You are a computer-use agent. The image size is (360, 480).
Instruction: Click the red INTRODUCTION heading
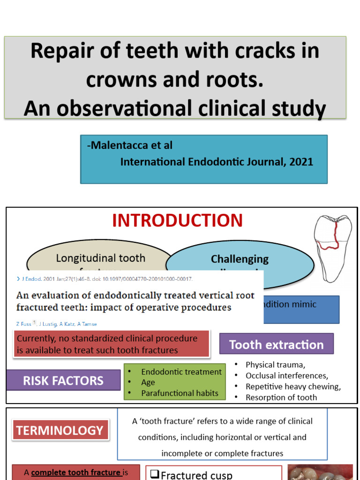pos(177,220)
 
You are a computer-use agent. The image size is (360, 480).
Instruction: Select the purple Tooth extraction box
pos(276,345)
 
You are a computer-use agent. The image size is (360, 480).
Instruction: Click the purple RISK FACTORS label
pos(63,380)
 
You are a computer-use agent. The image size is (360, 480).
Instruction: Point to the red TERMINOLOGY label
pos(60,430)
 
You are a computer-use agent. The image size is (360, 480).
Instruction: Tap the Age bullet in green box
pos(148,382)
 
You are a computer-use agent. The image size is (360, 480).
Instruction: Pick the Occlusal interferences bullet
pos(286,375)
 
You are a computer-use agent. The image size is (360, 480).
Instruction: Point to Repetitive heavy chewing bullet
pos(293,386)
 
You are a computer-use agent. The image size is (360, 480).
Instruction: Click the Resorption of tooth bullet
pos(281,397)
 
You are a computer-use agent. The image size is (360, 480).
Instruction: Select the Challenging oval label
pos(240,259)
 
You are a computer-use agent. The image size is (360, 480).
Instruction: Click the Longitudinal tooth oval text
pos(100,258)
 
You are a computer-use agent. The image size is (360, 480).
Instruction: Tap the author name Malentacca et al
pos(129,146)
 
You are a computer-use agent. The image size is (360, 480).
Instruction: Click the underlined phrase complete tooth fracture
pos(75,472)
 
